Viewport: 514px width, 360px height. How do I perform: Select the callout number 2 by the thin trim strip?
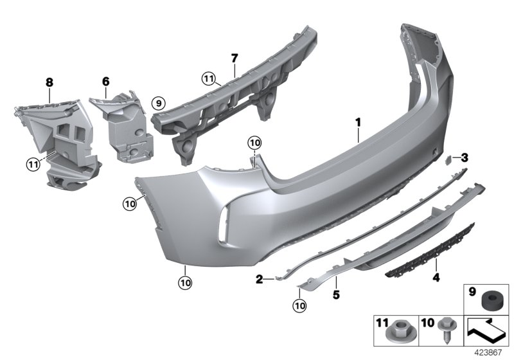(260, 278)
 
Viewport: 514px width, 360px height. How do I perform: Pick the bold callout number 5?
(335, 296)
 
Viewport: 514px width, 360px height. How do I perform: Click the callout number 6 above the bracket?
(106, 82)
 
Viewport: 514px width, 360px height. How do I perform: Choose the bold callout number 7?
(235, 59)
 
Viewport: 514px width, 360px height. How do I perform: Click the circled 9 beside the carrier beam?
(159, 102)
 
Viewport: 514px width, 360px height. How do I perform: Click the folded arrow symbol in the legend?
(486, 332)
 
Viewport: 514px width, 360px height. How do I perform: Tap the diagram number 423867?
(490, 352)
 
